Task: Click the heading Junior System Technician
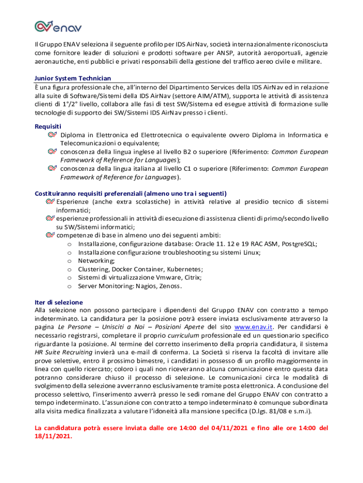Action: click(73, 78)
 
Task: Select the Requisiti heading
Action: click(48, 126)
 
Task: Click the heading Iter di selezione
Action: click(59, 302)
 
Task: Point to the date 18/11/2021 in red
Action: click(53, 436)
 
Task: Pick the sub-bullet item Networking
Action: click(96, 261)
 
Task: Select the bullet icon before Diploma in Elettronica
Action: click(52, 135)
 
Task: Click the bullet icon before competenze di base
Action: click(50, 235)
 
